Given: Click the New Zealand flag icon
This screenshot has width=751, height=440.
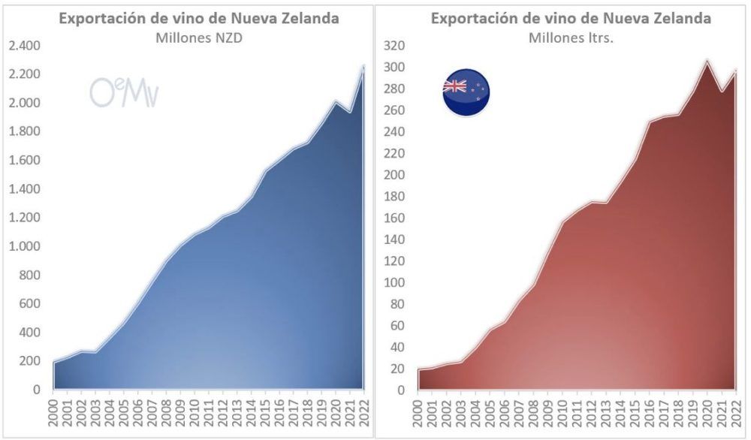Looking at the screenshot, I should pyautogui.click(x=466, y=92).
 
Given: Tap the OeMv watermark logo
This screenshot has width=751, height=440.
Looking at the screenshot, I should pyautogui.click(x=124, y=92).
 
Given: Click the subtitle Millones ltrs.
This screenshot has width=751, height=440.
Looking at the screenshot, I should pyautogui.click(x=571, y=38).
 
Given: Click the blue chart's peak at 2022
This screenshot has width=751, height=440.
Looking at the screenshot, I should pyautogui.click(x=363, y=67).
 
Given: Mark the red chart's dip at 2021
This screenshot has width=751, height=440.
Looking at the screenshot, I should pyautogui.click(x=722, y=92).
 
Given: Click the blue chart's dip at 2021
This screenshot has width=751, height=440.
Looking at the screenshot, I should pyautogui.click(x=349, y=113).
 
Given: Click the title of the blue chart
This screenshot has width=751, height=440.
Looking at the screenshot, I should pyautogui.click(x=199, y=18).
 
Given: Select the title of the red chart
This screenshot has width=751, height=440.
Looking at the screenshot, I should pyautogui.click(x=571, y=18).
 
